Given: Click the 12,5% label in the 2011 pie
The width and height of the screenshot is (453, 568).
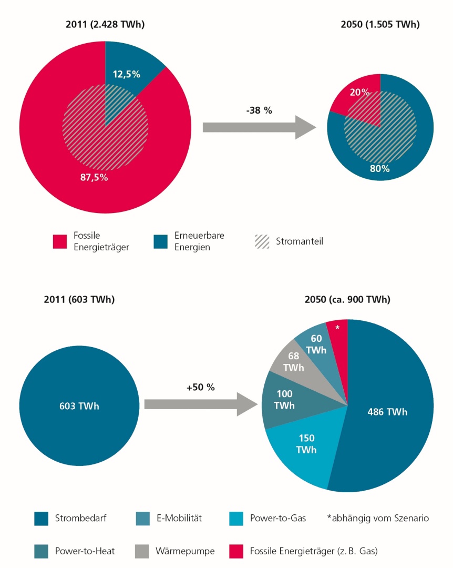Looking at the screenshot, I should click(126, 74).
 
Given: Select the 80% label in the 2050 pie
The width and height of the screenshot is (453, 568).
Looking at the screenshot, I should click(379, 169).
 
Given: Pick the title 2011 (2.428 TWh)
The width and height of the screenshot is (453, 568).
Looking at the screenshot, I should click(105, 24).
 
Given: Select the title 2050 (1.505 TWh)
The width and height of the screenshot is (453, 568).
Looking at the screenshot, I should click(380, 24).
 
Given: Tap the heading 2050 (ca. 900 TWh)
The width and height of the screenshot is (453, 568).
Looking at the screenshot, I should click(347, 300).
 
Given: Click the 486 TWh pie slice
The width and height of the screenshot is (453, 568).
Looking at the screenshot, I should click(387, 412).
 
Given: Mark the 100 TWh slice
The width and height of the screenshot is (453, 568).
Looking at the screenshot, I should click(284, 400).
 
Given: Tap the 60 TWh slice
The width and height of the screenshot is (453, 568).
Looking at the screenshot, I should click(316, 344).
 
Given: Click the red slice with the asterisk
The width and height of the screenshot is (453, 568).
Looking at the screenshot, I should click(337, 328).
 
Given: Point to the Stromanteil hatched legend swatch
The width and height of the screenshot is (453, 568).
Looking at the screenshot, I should click(262, 242).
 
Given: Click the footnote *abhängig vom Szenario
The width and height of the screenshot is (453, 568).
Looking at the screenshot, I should click(377, 519).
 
